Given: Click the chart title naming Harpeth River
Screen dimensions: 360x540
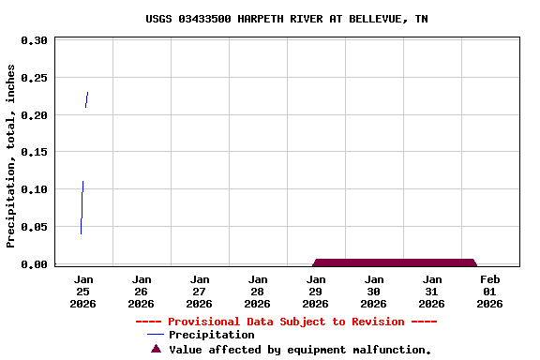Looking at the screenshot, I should [287, 19].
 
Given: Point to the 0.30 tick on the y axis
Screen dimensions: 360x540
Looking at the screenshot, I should [34, 41].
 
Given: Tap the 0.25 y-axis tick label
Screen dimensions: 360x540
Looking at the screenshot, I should [34, 78].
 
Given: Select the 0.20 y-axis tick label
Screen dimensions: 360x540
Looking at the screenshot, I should [34, 115].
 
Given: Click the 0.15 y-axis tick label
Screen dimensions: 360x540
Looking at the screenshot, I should [34, 152].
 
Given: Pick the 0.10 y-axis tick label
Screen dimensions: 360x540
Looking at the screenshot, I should [34, 189].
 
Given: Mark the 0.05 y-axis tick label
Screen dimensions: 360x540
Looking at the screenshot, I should [34, 227].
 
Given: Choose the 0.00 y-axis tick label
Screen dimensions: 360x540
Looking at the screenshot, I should [34, 264].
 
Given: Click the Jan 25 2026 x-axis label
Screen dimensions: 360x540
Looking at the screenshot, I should [83, 291].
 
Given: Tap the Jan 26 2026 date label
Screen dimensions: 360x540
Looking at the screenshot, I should [142, 291].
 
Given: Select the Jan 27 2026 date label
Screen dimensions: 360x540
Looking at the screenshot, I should [200, 291].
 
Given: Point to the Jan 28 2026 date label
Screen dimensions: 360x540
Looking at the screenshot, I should [258, 291].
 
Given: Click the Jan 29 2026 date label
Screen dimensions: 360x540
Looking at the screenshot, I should [316, 291].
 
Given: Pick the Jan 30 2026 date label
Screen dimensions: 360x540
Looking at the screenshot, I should [374, 291].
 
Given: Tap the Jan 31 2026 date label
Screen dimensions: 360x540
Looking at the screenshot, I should [432, 291].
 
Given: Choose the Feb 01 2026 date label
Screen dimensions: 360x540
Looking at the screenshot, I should [490, 291].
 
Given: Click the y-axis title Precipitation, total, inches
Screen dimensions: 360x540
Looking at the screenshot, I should [11, 156].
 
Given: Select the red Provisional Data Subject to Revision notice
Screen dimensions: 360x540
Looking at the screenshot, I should [286, 322].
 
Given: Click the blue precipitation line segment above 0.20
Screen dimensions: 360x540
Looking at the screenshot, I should [86, 99].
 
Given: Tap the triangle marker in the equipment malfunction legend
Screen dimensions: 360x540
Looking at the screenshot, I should [157, 349].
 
